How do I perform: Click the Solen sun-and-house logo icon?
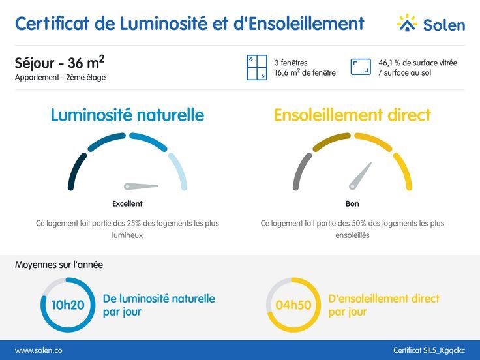click(x=407, y=23)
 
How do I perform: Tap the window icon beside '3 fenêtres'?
click(x=257, y=67)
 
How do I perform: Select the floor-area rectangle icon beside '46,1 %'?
click(x=361, y=67)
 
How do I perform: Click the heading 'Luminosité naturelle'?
click(x=127, y=115)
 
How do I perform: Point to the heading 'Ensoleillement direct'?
click(x=352, y=115)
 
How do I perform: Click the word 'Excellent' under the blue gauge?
click(x=127, y=203)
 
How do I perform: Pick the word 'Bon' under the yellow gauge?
click(x=352, y=203)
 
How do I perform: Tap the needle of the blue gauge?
click(x=142, y=185)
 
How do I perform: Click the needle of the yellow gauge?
click(x=360, y=175)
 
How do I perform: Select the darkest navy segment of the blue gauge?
click(x=76, y=172)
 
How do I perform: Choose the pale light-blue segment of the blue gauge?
click(x=179, y=171)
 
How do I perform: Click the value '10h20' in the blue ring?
click(x=68, y=305)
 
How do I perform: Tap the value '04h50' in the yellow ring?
click(x=293, y=305)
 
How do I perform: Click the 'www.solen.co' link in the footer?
click(x=38, y=350)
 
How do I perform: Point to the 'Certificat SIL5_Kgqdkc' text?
click(x=429, y=350)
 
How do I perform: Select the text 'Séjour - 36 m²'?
click(x=59, y=63)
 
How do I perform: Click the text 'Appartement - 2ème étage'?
click(x=60, y=78)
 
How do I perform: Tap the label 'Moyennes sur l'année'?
click(x=59, y=265)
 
